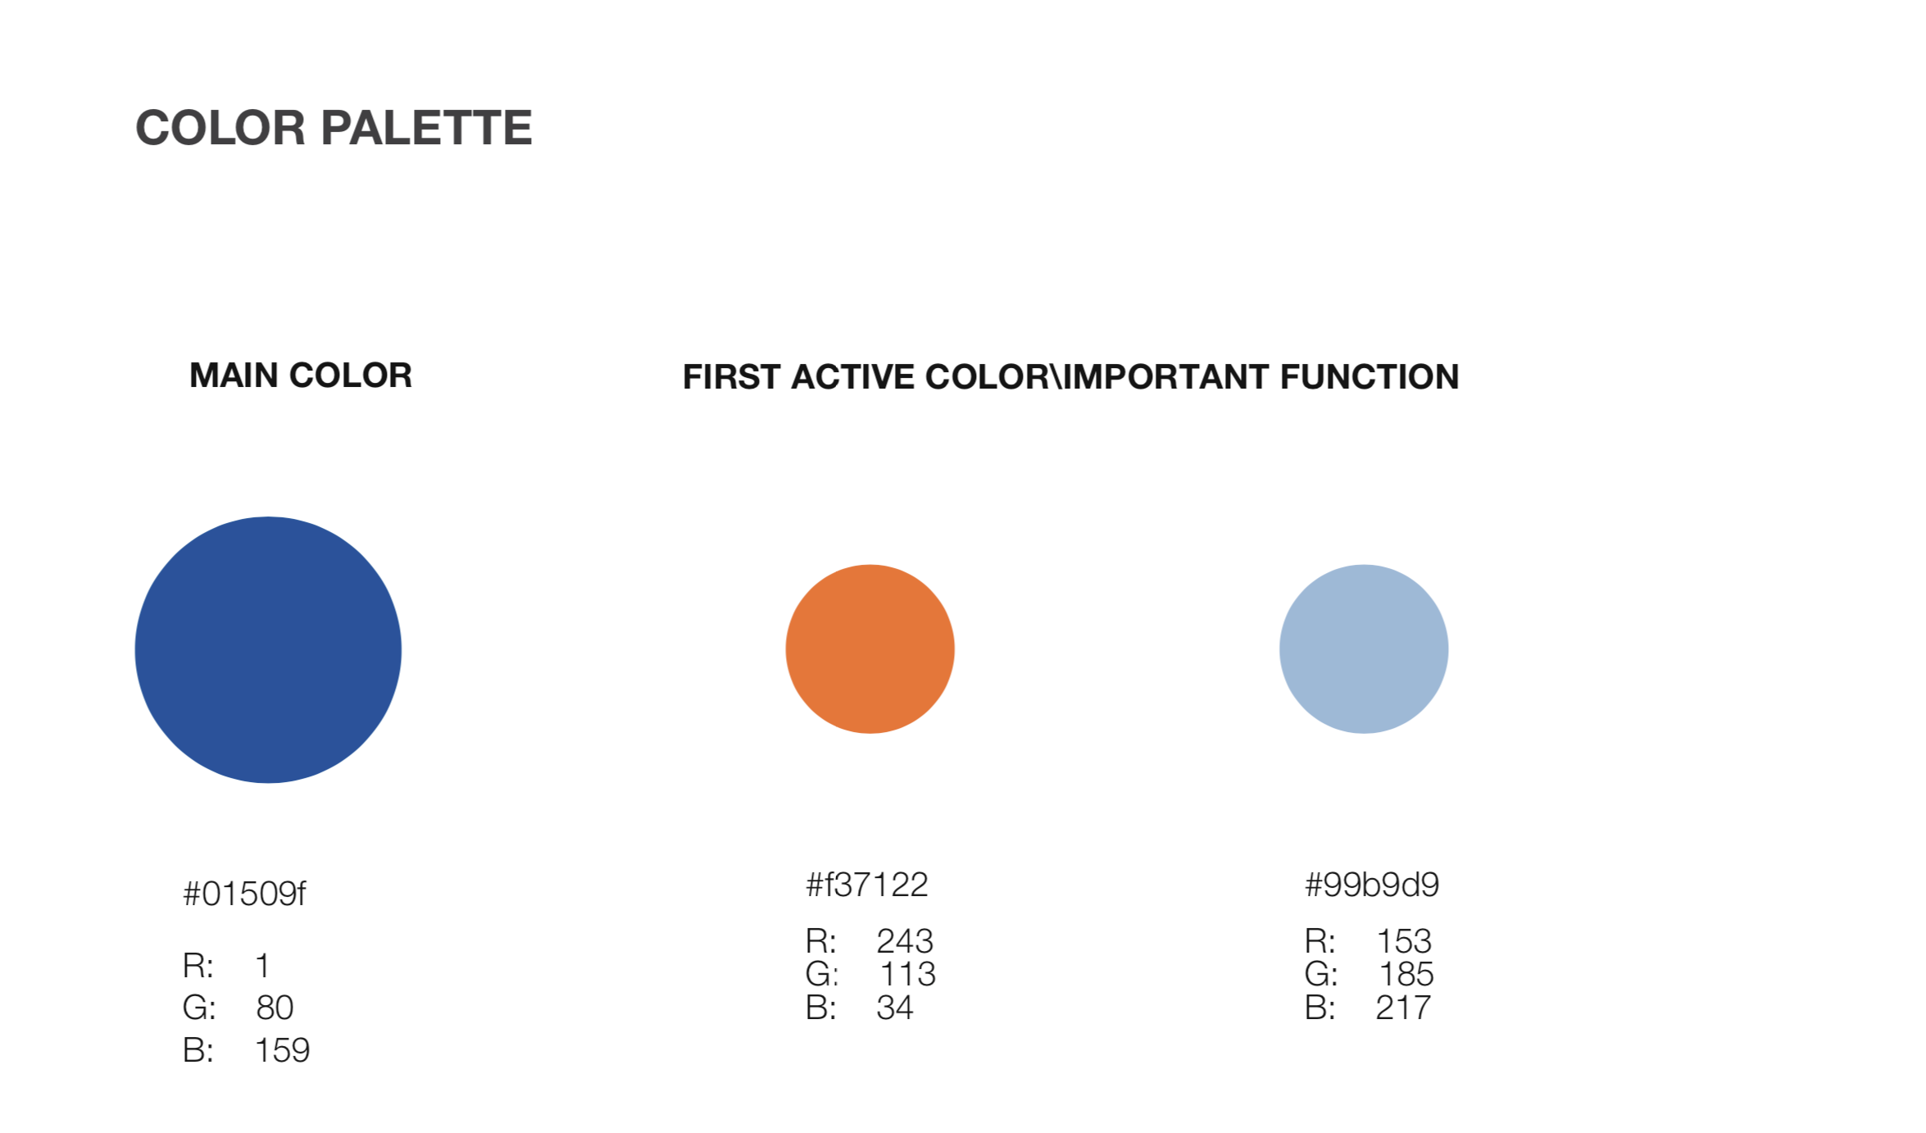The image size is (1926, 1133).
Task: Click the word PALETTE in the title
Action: [x=426, y=128]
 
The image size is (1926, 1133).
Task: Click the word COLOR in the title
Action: [x=220, y=128]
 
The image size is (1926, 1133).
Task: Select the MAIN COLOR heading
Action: [x=301, y=375]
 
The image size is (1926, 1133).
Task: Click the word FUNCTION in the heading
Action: [x=1370, y=377]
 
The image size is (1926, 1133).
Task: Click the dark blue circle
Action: [x=268, y=650]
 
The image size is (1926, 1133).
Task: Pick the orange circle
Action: [x=870, y=649]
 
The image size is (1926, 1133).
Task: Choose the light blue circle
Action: [x=1364, y=649]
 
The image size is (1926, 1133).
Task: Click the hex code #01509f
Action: [x=244, y=894]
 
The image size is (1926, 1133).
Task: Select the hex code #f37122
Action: [x=867, y=885]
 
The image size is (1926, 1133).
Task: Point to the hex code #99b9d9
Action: [x=1372, y=885]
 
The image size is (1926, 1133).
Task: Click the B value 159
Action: [x=282, y=1051]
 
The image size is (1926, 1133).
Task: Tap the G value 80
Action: [x=275, y=1008]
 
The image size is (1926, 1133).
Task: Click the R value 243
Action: [x=905, y=941]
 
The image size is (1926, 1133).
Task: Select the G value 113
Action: [x=908, y=974]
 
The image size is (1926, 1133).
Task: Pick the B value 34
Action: [x=895, y=1008]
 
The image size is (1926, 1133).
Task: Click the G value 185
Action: [x=1406, y=974]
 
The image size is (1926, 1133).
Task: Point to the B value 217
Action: [x=1403, y=1008]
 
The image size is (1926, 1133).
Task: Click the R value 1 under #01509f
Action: [x=263, y=966]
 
